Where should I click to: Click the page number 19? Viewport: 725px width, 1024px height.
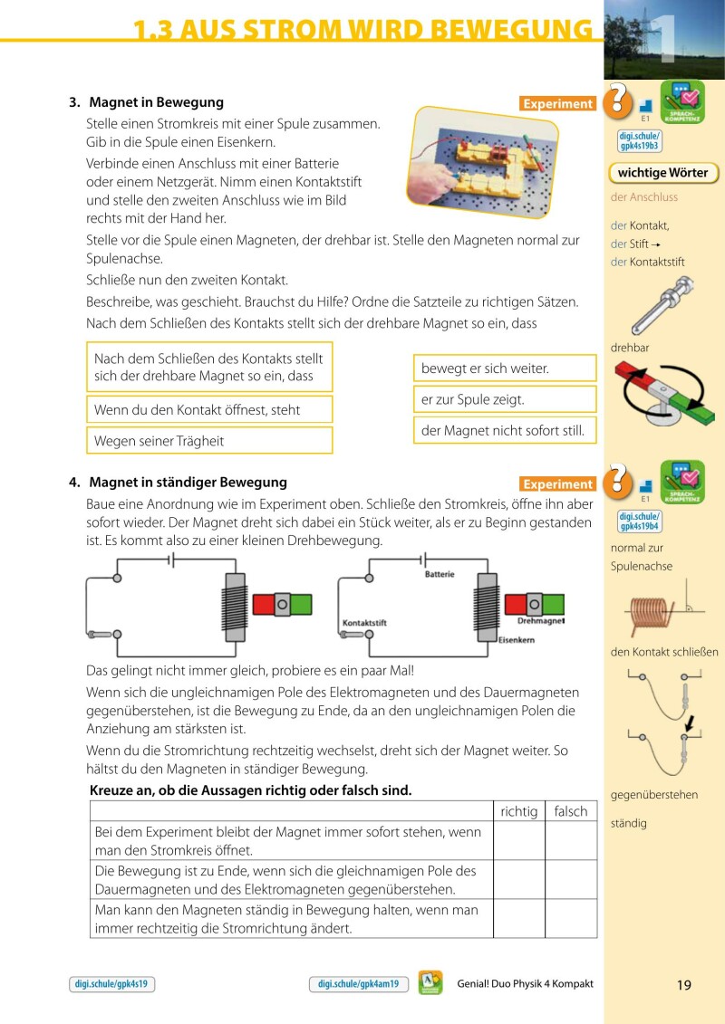coord(684,985)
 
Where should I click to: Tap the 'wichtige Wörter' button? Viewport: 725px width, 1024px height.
coord(662,173)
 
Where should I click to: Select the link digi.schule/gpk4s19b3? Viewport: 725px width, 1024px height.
coord(639,140)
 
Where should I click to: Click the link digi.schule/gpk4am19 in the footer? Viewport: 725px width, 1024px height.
coord(359,984)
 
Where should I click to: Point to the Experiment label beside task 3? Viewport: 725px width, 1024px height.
coord(557,104)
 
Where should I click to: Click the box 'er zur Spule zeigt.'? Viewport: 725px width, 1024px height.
coord(505,399)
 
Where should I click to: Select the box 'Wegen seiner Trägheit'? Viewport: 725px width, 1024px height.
coord(209,441)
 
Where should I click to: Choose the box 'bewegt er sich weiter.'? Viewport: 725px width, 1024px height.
coord(505,368)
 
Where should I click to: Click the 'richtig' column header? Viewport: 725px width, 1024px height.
coord(519,811)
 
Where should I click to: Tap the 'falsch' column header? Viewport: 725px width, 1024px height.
coord(571,811)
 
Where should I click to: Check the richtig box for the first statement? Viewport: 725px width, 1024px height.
coord(519,841)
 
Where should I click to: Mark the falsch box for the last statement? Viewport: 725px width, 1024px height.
coord(571,918)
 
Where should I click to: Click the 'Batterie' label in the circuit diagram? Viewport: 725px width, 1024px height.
coord(440,575)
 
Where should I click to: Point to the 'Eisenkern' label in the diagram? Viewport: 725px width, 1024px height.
coord(516,640)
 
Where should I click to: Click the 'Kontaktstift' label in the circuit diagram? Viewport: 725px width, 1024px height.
coord(364,623)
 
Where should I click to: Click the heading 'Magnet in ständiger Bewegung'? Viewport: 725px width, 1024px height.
coord(188,483)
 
